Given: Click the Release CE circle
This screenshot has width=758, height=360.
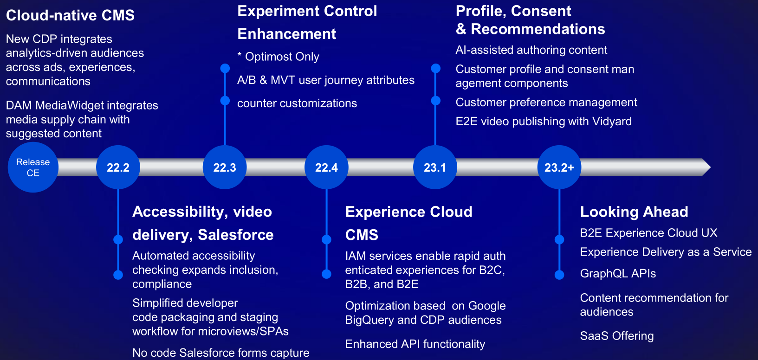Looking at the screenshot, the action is pyautogui.click(x=33, y=167).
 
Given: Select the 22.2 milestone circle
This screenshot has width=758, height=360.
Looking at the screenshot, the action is pyautogui.click(x=118, y=167).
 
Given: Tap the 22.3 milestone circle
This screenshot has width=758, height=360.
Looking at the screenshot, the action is pyautogui.click(x=225, y=167).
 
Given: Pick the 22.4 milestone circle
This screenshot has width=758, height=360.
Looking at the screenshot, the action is pyautogui.click(x=327, y=167).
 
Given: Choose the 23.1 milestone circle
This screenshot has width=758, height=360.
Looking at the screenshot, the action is pyautogui.click(x=435, y=167).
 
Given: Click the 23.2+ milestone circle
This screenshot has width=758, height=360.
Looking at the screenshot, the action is pyautogui.click(x=559, y=167).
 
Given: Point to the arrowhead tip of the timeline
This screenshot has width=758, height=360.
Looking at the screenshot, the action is pyautogui.click(x=710, y=167).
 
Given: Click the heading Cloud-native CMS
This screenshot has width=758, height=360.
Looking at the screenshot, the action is pyautogui.click(x=71, y=16).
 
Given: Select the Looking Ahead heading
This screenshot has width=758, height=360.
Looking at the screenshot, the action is pyautogui.click(x=634, y=212).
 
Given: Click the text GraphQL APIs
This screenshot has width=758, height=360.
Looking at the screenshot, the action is pyautogui.click(x=618, y=273).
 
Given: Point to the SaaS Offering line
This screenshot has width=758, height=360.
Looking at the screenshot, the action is pyautogui.click(x=617, y=336).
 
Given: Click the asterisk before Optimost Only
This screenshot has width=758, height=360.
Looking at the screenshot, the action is pyautogui.click(x=240, y=55).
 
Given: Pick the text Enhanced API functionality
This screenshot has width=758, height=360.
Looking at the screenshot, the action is pyautogui.click(x=415, y=344).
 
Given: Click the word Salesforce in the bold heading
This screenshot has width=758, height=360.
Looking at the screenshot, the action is pyautogui.click(x=236, y=235).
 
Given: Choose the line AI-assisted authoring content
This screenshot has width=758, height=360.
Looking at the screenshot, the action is pyautogui.click(x=531, y=50).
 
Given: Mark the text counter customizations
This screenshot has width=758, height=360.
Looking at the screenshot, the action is pyautogui.click(x=297, y=103).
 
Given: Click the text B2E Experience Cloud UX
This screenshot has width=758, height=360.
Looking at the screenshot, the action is pyautogui.click(x=649, y=233).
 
